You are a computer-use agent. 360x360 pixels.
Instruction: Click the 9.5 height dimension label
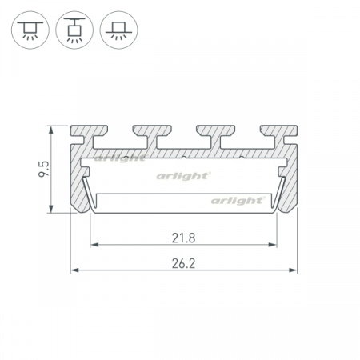(44, 169)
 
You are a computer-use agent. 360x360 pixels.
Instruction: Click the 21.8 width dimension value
(183, 238)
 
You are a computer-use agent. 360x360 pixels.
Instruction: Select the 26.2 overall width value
(183, 264)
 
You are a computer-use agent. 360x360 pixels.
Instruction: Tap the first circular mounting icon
(30, 30)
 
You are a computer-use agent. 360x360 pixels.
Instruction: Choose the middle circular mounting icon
(74, 30)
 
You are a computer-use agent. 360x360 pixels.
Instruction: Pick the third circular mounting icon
(118, 30)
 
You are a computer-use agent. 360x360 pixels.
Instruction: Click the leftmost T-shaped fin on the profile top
(89, 134)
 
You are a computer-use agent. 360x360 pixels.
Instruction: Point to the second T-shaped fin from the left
(152, 134)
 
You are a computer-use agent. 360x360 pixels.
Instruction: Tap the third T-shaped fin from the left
(216, 134)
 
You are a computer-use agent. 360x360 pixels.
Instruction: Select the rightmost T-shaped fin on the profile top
(279, 134)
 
